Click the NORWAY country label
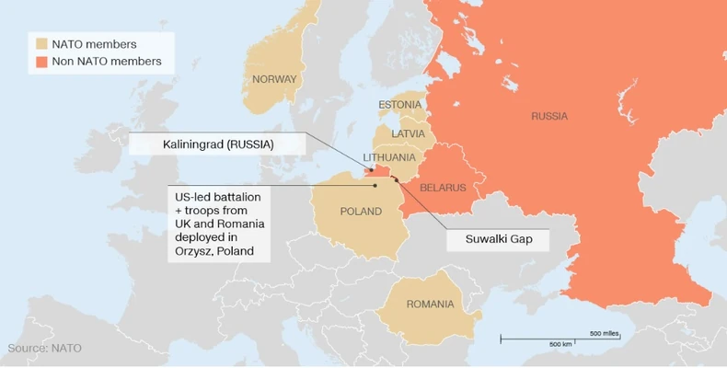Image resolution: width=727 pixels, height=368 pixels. click(x=274, y=79)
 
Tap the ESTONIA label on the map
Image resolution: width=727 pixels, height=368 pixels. click(x=400, y=104)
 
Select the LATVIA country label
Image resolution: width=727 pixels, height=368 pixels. click(x=408, y=133)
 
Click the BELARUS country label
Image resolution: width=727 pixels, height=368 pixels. click(x=443, y=188)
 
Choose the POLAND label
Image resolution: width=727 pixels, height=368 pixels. click(x=361, y=212)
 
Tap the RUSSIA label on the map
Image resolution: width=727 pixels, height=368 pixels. click(x=549, y=116)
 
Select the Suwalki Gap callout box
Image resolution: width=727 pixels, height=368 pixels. click(x=496, y=239)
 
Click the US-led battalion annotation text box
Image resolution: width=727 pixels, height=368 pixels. click(x=218, y=224)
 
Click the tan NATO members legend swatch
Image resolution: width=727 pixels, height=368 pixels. click(x=41, y=43)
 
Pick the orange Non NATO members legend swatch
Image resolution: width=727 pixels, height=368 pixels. click(x=41, y=62)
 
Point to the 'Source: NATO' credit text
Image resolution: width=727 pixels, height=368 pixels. click(x=45, y=348)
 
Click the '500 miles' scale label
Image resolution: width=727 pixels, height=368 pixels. click(x=604, y=332)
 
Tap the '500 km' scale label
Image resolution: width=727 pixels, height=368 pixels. click(x=560, y=343)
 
